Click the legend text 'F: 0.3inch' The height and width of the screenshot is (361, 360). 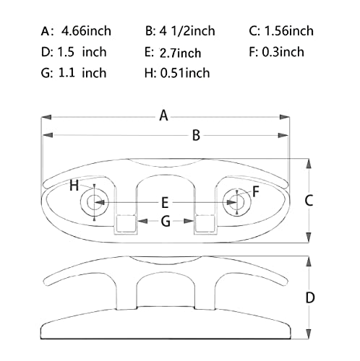pyautogui.click(x=276, y=51)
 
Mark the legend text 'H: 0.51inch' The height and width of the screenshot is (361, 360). pyautogui.click(x=176, y=72)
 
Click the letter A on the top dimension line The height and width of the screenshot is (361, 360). pyautogui.click(x=164, y=116)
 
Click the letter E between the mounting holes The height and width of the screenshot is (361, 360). pyautogui.click(x=165, y=203)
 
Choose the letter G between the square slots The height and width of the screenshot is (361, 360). pyautogui.click(x=165, y=222)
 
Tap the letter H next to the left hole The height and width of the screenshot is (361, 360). pyautogui.click(x=74, y=186)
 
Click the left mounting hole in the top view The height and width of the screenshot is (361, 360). pyautogui.click(x=93, y=203)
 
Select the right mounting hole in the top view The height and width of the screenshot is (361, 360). pyautogui.click(x=235, y=202)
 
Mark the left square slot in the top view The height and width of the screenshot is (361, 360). pyautogui.click(x=126, y=224)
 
